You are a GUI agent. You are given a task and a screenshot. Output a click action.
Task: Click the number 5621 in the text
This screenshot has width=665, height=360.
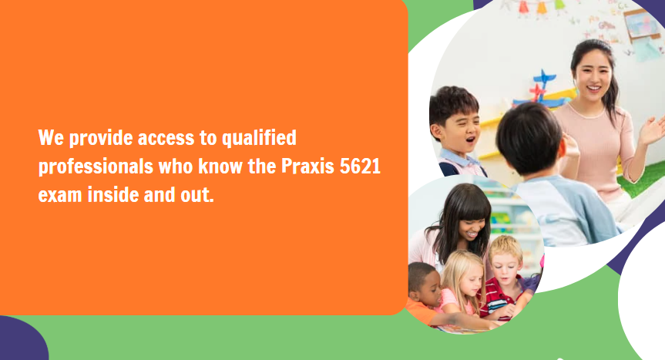pos(360,167)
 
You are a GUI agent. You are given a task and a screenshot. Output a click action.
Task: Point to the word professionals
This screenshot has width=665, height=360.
pos(96,167)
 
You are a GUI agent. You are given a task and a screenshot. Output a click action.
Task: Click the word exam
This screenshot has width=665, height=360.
pos(60,195)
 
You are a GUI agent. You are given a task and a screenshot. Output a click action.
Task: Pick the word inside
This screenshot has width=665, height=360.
pos(113,194)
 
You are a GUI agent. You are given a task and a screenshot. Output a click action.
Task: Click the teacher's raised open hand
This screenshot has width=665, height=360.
pos(653,130)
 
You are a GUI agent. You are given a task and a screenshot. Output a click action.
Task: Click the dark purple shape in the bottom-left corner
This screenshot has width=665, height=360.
pos(22,339)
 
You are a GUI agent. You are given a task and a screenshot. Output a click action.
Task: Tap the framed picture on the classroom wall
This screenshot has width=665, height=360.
pos(642,25)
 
